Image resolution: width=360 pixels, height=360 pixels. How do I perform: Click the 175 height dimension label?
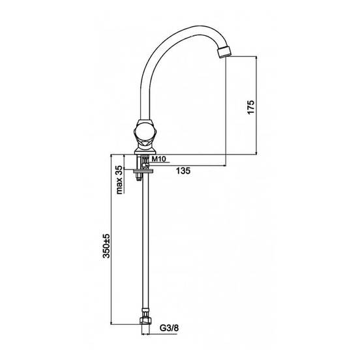(x=251, y=106)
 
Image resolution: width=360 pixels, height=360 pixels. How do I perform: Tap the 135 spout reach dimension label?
(x=183, y=171)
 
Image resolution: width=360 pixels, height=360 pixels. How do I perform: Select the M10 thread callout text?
(x=159, y=158)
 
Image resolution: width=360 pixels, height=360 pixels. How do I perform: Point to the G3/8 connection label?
(x=169, y=328)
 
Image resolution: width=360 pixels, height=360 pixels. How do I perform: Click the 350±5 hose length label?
(x=106, y=246)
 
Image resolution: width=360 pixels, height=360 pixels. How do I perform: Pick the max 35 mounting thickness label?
(x=119, y=180)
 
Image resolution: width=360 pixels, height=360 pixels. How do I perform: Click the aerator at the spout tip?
(x=224, y=52)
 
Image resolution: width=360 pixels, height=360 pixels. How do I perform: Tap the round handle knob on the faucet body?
(x=144, y=132)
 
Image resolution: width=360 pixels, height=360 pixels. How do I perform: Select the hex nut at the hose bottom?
(x=145, y=321)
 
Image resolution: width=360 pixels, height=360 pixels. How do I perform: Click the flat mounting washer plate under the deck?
(x=143, y=171)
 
